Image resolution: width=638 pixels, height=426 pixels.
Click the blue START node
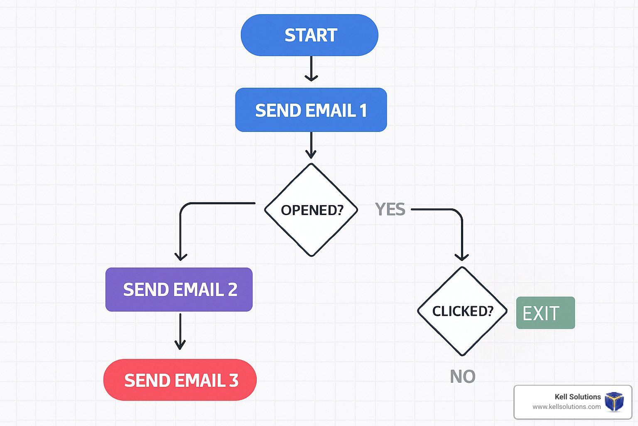point(309,35)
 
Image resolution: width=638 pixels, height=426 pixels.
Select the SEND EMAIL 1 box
point(311,110)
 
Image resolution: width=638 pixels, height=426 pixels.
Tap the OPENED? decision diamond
point(311,210)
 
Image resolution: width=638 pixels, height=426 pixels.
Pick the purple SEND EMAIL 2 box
point(179,289)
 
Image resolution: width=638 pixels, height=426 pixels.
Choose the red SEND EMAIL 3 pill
point(180,380)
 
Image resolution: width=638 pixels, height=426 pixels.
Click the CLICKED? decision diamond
point(462,311)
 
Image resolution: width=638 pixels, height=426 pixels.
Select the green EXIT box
point(545,313)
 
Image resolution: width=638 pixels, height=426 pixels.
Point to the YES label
point(390,209)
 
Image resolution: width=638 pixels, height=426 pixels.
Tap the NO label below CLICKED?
point(463,376)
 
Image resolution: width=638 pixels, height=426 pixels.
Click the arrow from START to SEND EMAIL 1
point(311,69)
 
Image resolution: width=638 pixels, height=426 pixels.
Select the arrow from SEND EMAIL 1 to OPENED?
point(311,145)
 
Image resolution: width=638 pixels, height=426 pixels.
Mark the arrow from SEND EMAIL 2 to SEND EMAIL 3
point(180,332)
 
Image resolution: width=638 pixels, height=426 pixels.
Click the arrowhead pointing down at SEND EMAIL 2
point(181,256)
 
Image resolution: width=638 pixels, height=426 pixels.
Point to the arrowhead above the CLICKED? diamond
point(462,257)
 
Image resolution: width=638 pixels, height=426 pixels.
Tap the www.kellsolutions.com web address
point(567,407)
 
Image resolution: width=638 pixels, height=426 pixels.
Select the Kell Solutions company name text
point(578,396)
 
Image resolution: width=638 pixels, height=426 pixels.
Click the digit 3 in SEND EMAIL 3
point(233,380)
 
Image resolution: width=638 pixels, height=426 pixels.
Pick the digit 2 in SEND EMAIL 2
point(233,290)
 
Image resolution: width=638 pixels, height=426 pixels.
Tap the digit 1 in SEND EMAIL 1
point(363,110)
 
